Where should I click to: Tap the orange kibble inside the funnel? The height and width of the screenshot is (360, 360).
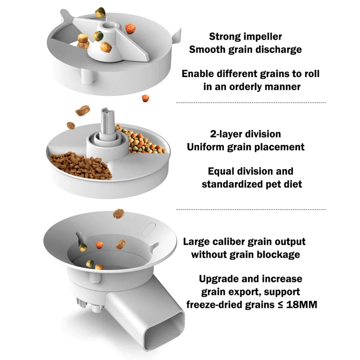(x=99, y=245)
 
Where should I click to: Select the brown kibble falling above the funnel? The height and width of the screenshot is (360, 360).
(x=118, y=213)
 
